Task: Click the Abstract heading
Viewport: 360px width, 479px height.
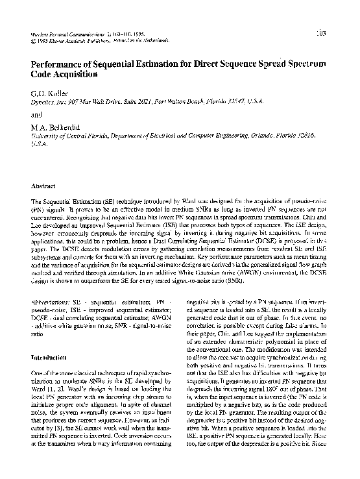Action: (43, 186)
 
